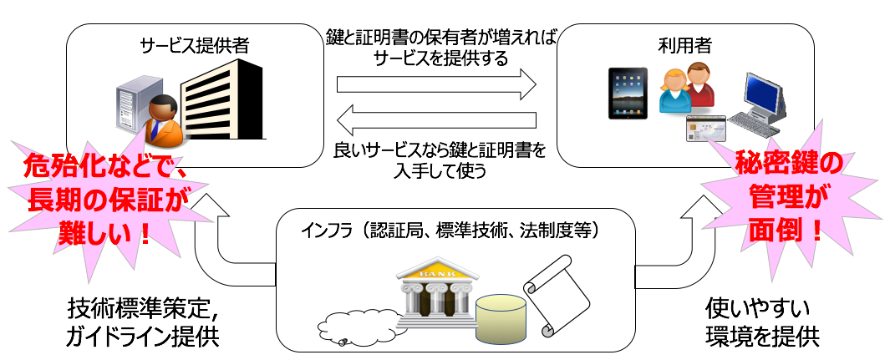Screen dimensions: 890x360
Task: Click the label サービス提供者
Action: [x=194, y=46]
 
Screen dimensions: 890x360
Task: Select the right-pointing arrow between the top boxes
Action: [x=436, y=84]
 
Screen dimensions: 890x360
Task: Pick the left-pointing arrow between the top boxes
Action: [x=436, y=119]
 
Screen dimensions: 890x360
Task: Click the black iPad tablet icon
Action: [x=628, y=93]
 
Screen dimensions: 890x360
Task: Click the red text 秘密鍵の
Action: [x=790, y=165]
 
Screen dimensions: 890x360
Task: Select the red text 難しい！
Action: [x=104, y=232]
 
